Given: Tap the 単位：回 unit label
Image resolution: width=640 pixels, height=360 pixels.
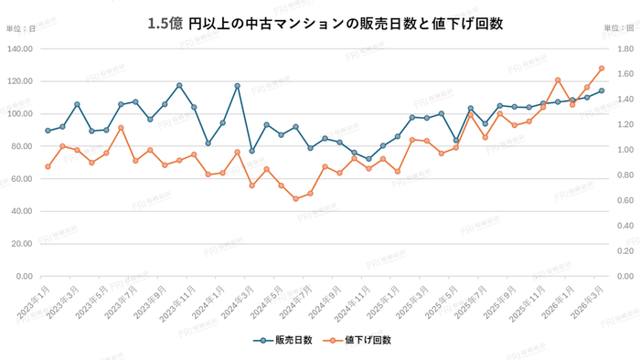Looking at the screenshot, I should [619, 29].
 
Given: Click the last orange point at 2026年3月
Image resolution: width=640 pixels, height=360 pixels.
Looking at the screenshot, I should [602, 68].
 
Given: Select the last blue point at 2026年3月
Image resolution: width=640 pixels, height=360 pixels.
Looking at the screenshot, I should [602, 90].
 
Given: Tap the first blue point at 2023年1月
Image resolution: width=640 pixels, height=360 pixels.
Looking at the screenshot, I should [48, 131].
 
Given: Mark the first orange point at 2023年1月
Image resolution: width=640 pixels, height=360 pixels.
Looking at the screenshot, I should [48, 166].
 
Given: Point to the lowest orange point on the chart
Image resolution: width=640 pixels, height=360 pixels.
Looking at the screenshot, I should [295, 198].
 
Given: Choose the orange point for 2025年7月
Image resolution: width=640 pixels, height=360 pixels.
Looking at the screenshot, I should [485, 137].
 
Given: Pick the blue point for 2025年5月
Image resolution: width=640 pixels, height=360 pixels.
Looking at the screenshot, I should [456, 141].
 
